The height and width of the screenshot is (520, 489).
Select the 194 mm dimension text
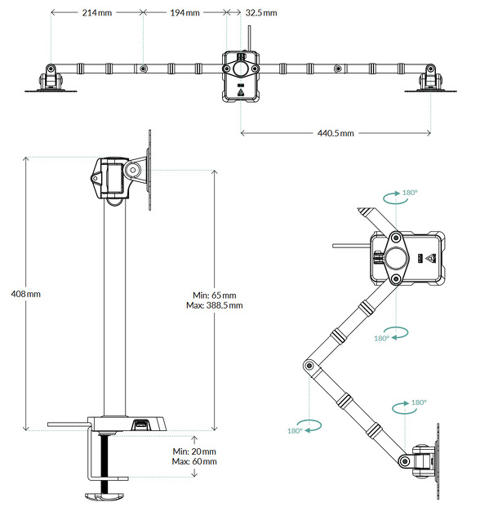(x=184, y=14)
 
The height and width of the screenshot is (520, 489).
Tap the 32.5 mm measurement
(x=260, y=14)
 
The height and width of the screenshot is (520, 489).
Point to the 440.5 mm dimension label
(x=336, y=132)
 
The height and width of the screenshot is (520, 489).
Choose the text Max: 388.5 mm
(x=215, y=305)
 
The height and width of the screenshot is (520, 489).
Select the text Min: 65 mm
(x=215, y=295)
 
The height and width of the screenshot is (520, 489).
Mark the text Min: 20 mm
(x=195, y=451)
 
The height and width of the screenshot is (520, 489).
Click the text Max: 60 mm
(x=195, y=461)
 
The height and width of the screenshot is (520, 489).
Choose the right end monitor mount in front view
(x=429, y=79)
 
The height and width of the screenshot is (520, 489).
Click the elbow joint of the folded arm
(x=310, y=368)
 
